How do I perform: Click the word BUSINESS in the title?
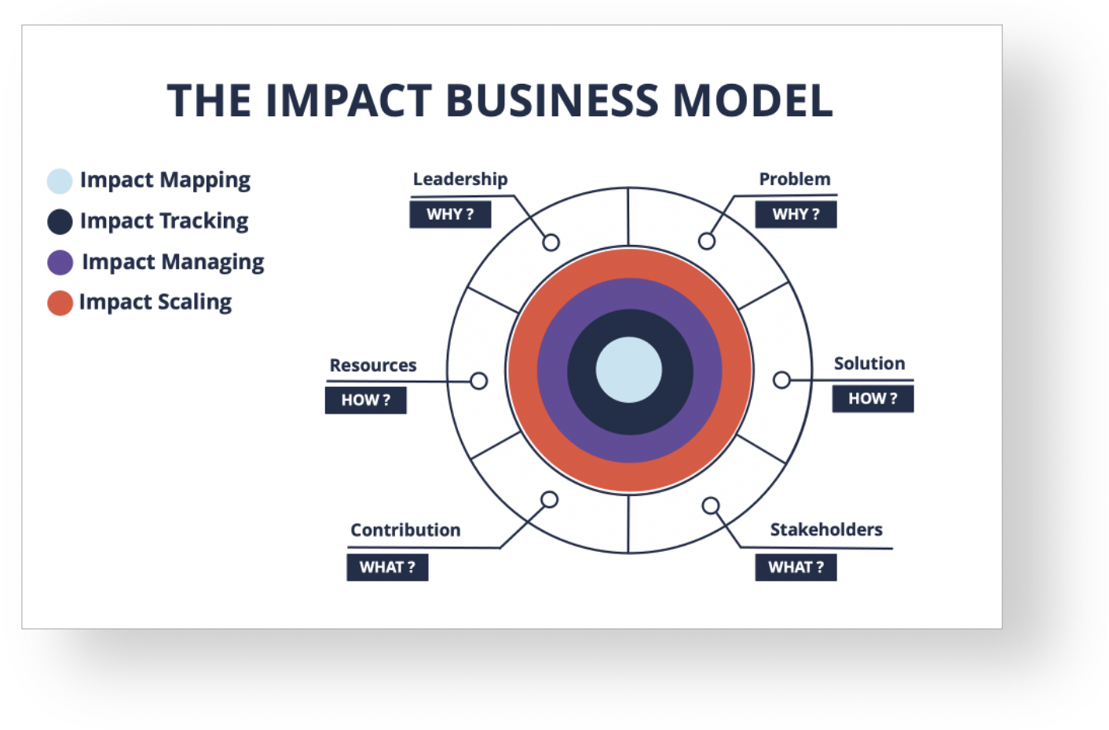click(x=552, y=100)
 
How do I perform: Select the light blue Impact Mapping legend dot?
click(x=60, y=181)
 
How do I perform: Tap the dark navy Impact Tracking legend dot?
click(x=60, y=221)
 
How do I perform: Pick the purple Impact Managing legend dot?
click(x=60, y=262)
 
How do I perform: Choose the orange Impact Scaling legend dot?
click(x=60, y=303)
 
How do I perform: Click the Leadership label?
click(x=460, y=179)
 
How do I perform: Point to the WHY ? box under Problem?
click(x=796, y=214)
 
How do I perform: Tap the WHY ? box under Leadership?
click(x=451, y=214)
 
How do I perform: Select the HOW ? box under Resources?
click(x=366, y=400)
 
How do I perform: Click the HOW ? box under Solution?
click(x=873, y=399)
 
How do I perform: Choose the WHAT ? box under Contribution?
click(x=388, y=568)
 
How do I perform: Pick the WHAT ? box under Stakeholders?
click(x=796, y=568)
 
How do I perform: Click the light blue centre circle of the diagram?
click(x=629, y=370)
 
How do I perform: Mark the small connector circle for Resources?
click(x=479, y=381)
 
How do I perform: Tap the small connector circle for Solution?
click(x=781, y=380)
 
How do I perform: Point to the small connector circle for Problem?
click(x=707, y=242)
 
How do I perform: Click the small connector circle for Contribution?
click(x=550, y=500)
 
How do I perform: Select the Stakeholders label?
click(x=826, y=530)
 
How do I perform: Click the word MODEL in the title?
click(x=752, y=100)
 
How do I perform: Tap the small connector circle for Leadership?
click(x=551, y=243)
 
